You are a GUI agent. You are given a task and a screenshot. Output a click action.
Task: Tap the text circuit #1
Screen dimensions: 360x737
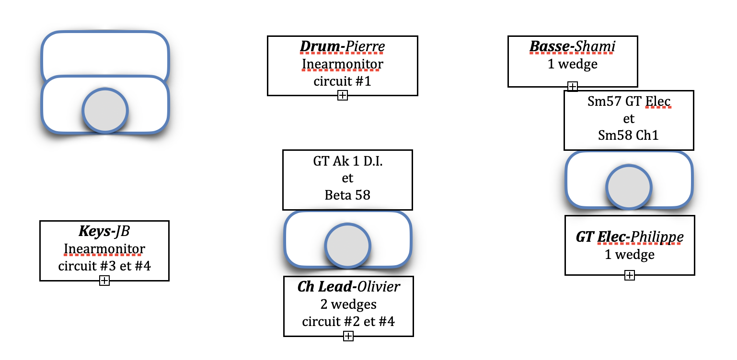(x=342, y=81)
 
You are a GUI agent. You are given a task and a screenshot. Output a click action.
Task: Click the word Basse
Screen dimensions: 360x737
(x=548, y=47)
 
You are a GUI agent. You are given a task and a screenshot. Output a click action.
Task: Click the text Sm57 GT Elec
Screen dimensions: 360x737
(x=629, y=101)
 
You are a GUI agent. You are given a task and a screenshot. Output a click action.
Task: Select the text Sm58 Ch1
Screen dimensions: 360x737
(x=629, y=135)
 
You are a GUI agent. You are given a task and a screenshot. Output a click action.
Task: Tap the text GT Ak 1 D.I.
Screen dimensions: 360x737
(x=347, y=161)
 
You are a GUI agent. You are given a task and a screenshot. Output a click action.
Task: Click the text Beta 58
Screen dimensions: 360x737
(x=347, y=195)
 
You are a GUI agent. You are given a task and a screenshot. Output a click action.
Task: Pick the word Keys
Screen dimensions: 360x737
(x=93, y=232)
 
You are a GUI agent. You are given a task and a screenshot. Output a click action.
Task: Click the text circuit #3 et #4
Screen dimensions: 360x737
(x=104, y=266)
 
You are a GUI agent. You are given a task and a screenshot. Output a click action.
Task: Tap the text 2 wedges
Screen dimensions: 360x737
(x=348, y=304)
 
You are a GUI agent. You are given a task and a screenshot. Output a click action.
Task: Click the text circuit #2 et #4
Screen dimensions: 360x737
(x=348, y=321)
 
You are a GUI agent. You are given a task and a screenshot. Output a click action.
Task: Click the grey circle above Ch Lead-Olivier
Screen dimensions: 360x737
(x=347, y=245)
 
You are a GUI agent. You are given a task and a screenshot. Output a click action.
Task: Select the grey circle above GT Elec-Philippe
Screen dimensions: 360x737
(x=629, y=187)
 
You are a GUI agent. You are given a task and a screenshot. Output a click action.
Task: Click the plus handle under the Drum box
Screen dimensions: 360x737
(x=342, y=96)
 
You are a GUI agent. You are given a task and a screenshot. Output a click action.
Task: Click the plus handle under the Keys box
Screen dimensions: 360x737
(x=104, y=281)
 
